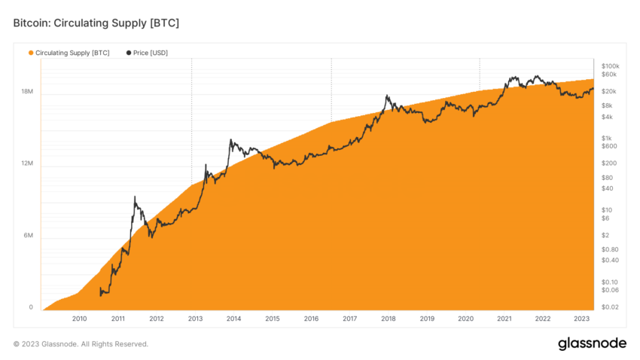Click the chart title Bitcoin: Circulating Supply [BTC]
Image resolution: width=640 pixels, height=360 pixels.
click(96, 23)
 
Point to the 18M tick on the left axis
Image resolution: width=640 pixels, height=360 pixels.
click(26, 92)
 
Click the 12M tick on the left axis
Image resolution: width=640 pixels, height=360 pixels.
click(26, 164)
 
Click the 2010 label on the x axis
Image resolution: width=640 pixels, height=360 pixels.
click(79, 319)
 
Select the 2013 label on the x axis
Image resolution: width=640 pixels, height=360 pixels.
click(195, 319)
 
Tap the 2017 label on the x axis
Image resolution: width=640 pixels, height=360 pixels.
click(349, 319)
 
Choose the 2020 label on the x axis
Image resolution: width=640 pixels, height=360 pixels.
click(465, 319)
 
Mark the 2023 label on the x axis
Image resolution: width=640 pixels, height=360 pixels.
click(581, 319)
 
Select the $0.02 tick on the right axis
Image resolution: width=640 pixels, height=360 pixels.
click(609, 307)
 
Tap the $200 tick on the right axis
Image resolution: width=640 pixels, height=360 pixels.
click(608, 163)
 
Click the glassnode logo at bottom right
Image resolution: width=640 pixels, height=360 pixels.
click(592, 343)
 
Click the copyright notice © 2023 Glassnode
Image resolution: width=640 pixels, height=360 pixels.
click(81, 344)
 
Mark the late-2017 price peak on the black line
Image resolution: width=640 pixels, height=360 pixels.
click(386, 96)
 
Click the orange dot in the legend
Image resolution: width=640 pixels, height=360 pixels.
click(31, 53)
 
